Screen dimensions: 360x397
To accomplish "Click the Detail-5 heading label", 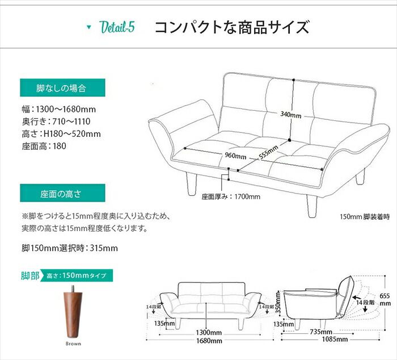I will click(x=116, y=27).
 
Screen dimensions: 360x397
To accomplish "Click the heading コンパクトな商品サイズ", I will click(x=232, y=27).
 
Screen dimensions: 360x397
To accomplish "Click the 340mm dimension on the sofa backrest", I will click(x=291, y=114).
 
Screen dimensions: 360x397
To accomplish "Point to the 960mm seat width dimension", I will click(x=235, y=156).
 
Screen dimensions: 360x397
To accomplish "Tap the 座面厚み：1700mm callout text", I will click(x=231, y=197).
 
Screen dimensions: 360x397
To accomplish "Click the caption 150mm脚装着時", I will click(x=365, y=216).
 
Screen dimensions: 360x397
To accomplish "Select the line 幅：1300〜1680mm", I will click(x=58, y=109).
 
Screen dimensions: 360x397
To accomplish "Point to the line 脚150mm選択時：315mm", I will click(x=69, y=248).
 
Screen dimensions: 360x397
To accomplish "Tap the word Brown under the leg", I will click(x=73, y=344).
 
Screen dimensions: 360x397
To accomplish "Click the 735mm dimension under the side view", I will click(x=322, y=332).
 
